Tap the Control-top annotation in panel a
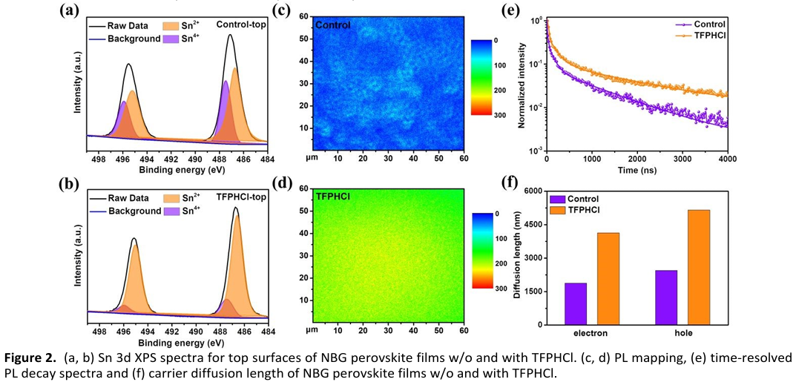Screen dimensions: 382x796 pos(241,25)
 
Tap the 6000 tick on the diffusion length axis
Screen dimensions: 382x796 pos(533,191)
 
